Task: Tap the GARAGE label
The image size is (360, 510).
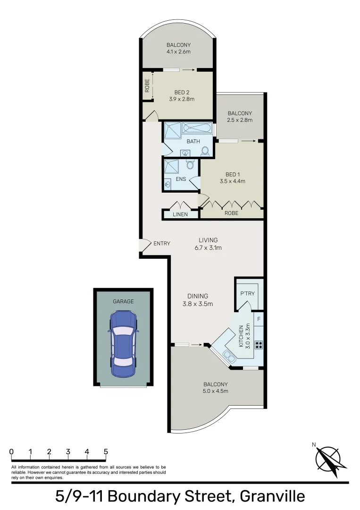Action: pos(123,301)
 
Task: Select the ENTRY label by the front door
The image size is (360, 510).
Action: pos(162,244)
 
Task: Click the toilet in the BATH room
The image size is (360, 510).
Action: pos(205,151)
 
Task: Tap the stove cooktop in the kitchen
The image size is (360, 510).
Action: pos(258,344)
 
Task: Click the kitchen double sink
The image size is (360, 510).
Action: pos(228,355)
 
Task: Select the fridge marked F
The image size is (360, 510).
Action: pos(259,318)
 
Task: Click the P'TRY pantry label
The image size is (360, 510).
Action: pos(247,294)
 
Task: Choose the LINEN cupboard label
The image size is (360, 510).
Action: pos(180,214)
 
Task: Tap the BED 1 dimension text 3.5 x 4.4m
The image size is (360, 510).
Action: pos(232,181)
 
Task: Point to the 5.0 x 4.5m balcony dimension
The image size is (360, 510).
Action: pos(216,391)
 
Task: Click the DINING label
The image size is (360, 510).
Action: pos(197,296)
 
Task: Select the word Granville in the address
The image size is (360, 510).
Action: pos(272,497)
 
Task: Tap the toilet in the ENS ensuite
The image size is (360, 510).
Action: pos(190,164)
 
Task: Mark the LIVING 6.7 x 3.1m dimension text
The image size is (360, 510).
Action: pos(208,247)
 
